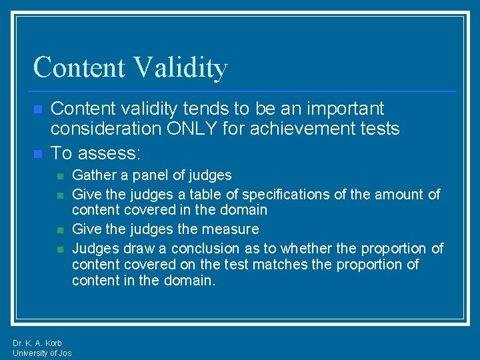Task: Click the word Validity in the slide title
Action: (180, 68)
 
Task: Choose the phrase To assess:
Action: (96, 153)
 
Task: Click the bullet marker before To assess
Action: (38, 154)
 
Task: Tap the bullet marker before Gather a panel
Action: (60, 176)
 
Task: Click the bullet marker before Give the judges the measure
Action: (60, 230)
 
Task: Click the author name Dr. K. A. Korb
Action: (37, 343)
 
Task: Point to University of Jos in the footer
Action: (42, 353)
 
